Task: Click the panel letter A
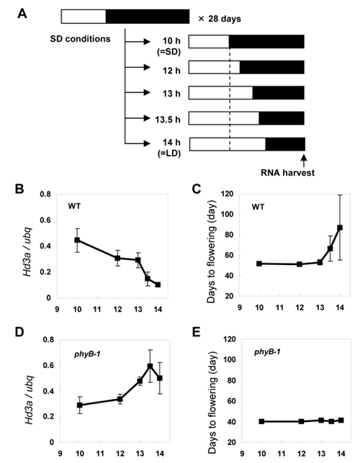coord(22,14)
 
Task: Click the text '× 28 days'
coord(220,19)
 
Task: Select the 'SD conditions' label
coord(80,39)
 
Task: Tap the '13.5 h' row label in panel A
coord(168,120)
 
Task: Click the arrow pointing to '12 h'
coord(138,67)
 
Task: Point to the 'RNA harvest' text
coord(287,172)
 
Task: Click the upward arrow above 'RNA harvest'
coord(304,161)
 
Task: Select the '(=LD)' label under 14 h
coord(168,153)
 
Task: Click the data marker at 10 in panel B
coord(77,240)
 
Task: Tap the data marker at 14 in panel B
coord(158,284)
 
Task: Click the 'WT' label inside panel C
coord(258,207)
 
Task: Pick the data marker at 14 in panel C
coord(340,228)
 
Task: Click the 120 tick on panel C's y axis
coord(228,194)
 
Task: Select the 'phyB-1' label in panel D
coord(87,354)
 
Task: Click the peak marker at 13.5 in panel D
coord(150,366)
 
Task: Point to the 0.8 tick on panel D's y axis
coord(48,340)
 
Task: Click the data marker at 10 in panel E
coord(261,421)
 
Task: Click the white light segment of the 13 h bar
coord(220,93)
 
